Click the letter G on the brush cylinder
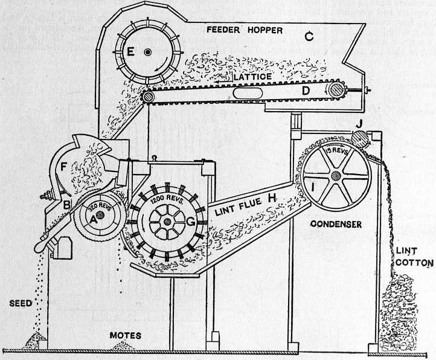click(x=191, y=222)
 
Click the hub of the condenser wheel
click(x=336, y=175)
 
